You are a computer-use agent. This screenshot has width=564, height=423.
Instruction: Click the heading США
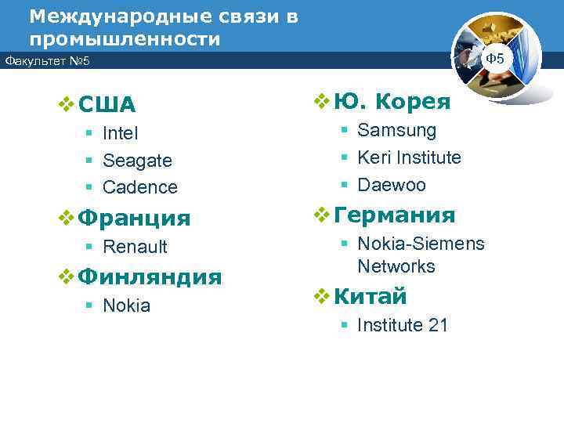point(107,105)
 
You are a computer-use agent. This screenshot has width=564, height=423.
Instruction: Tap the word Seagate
point(137,161)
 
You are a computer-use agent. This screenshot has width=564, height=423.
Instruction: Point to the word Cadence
point(140,187)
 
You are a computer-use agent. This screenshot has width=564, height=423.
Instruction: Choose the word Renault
point(135,247)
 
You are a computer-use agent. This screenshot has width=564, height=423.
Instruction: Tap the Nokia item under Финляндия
point(126,305)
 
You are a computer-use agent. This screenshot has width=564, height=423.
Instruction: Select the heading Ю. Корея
point(392,102)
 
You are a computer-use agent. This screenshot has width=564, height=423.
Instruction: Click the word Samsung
point(397,131)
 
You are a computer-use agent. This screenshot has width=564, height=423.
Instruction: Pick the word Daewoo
point(392,185)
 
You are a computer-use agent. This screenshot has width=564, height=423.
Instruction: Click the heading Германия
point(394,215)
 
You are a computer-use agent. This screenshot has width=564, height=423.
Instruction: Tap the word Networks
point(396,266)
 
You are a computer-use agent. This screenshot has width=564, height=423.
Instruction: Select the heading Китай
point(371,296)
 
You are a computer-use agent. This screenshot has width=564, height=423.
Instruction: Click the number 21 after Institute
point(437,325)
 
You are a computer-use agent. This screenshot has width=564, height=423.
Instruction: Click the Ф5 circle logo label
point(495,59)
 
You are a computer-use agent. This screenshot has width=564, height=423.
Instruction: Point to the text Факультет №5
point(47,60)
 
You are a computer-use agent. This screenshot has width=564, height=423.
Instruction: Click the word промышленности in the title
point(125,38)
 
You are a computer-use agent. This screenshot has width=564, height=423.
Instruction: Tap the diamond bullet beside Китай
point(320,296)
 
